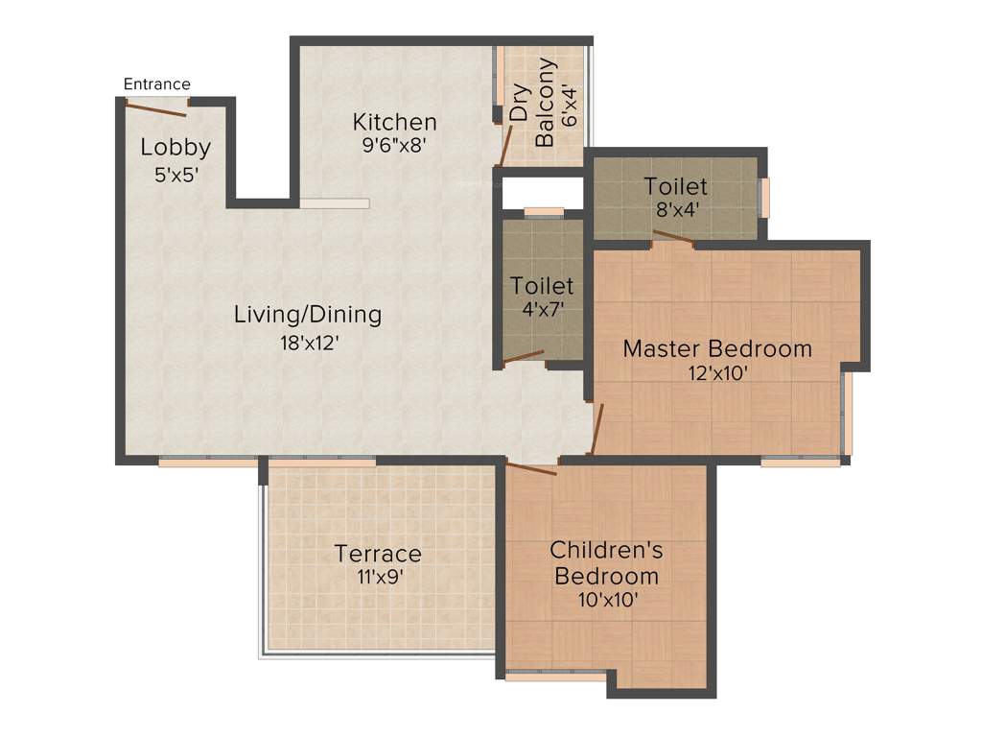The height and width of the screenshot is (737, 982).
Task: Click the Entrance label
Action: point(157,84)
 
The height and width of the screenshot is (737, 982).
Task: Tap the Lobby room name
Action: point(175,148)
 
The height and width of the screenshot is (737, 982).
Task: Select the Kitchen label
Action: point(394,122)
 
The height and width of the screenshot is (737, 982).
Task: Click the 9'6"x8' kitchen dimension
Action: point(394,147)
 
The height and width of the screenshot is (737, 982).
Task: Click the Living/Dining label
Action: point(308,314)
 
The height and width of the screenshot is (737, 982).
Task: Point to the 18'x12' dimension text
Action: point(308,343)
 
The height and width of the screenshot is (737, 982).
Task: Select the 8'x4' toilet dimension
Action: point(675,210)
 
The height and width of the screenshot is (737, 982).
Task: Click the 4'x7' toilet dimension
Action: point(542,310)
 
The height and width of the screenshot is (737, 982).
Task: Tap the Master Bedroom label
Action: point(717,348)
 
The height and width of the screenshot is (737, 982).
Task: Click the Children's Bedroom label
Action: point(606,563)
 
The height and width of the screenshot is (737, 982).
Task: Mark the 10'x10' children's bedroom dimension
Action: point(606,601)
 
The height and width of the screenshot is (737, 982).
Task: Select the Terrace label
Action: point(378,554)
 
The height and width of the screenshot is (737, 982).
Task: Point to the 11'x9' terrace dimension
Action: point(378,578)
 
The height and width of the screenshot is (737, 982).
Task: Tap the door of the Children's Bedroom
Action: point(531,468)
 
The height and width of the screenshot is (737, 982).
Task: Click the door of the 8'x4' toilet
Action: point(673,238)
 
